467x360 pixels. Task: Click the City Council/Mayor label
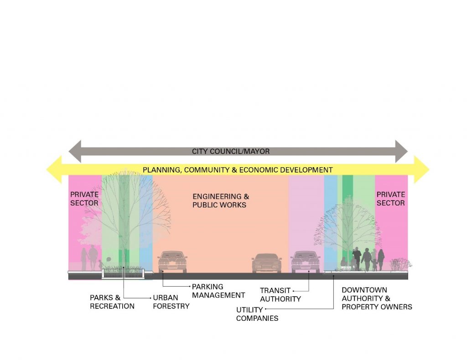point(231,151)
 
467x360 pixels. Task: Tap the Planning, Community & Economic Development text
point(238,170)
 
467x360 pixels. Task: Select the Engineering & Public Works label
point(221,201)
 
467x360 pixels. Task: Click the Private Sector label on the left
point(84,199)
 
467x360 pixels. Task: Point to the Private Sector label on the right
point(391,199)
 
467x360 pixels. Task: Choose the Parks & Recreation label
point(112,302)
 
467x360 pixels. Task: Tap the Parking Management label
point(218,291)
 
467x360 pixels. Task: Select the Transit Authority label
point(280,295)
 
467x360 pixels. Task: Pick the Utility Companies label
point(257,314)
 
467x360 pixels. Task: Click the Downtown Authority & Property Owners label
point(377,298)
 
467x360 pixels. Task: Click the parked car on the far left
point(172,262)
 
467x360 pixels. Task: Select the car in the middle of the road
point(266,263)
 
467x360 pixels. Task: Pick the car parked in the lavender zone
point(305,262)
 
